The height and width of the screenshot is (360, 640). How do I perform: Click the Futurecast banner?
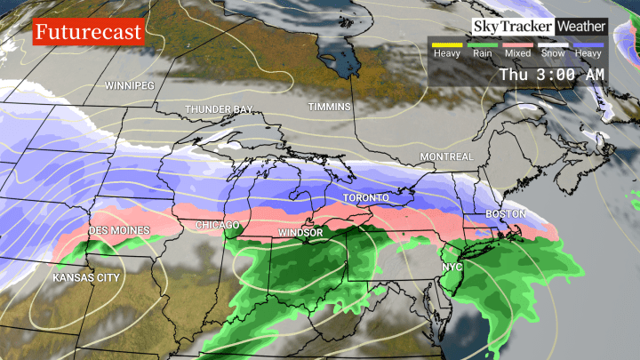(87, 33)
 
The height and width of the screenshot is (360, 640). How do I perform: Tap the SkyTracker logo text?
(512, 27)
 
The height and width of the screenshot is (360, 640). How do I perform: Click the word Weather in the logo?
(580, 27)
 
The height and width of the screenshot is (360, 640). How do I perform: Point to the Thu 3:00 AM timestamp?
(551, 75)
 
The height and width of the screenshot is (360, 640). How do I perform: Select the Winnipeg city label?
(130, 85)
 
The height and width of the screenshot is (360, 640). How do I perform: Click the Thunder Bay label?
(218, 109)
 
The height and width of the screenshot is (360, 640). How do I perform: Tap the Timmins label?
(330, 107)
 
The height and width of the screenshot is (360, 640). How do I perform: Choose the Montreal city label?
(447, 157)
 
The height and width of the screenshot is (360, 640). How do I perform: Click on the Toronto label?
(367, 196)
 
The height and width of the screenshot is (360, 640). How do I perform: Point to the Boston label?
(506, 214)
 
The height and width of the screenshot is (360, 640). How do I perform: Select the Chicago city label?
(217, 225)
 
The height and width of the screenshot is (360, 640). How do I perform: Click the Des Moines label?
(120, 231)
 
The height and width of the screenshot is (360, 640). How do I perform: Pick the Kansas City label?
(85, 277)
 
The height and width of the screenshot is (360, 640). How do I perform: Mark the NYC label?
(452, 267)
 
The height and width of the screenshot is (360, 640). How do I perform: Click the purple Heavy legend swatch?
(588, 44)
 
